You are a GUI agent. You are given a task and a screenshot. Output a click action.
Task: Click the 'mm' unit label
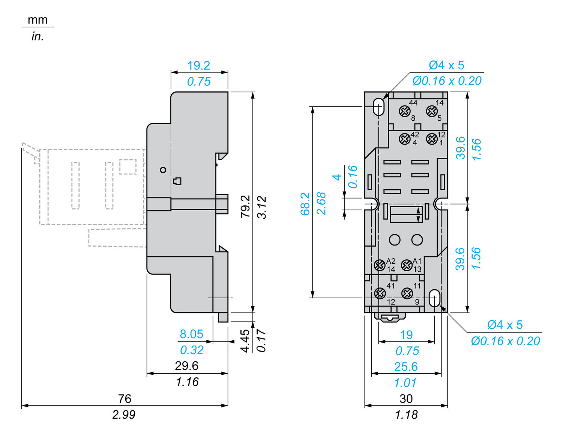[38, 19]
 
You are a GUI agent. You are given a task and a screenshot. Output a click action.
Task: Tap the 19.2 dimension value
[198, 66]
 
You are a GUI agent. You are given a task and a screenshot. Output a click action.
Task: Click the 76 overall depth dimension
[125, 398]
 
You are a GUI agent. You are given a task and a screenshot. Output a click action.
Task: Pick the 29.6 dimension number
[186, 366]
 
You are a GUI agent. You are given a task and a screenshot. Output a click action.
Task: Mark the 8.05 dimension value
[191, 334]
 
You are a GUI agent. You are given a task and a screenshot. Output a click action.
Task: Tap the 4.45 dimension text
[245, 341]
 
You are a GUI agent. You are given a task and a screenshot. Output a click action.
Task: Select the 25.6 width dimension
[406, 367]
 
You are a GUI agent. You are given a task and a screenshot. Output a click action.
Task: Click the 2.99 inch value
[124, 415]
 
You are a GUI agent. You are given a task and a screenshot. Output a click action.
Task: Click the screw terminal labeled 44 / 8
[404, 111]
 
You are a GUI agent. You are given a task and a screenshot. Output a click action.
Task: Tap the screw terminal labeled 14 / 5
[432, 111]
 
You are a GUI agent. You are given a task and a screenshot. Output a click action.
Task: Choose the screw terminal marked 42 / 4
[404, 139]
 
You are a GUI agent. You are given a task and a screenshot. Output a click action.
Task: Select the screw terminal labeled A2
[380, 265]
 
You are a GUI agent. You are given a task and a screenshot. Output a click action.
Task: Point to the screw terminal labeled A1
[407, 265]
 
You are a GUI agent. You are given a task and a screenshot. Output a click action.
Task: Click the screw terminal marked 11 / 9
[407, 293]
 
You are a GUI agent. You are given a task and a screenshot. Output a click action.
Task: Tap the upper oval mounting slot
[378, 106]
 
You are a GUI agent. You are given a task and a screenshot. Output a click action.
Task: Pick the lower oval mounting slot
[435, 298]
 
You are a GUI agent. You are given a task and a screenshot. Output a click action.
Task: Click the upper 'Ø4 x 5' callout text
[446, 66]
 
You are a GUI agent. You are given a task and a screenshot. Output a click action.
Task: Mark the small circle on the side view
[163, 170]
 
